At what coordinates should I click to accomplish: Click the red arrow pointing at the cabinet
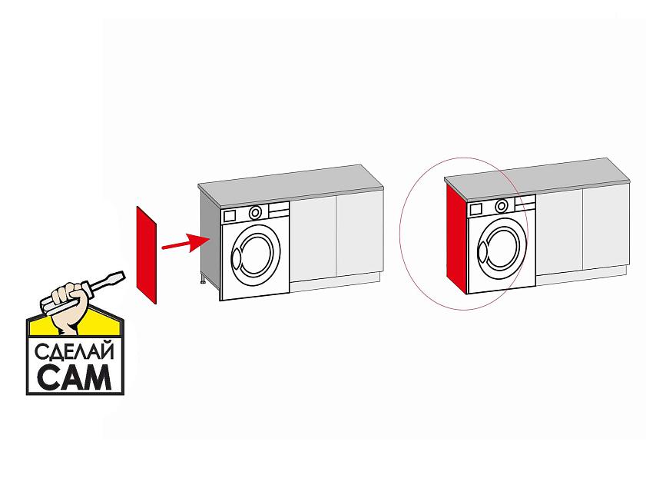tap(186, 243)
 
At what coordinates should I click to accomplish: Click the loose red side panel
tap(146, 255)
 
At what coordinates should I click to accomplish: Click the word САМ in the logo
tap(75, 376)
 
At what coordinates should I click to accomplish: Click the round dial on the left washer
tap(256, 212)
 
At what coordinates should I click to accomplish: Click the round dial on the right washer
tap(502, 205)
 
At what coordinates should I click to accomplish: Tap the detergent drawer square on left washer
tap(229, 216)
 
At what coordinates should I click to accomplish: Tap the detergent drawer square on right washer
tap(475, 209)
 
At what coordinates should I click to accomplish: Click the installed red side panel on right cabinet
tap(456, 239)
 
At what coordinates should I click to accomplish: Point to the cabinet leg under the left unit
tap(203, 280)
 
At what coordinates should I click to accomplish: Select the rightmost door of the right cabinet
tap(606, 227)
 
